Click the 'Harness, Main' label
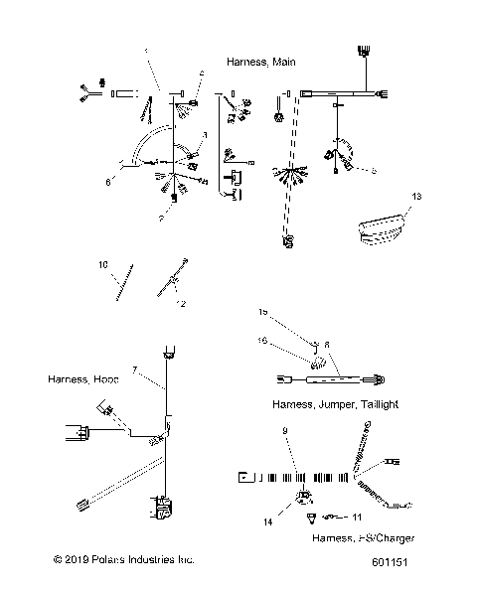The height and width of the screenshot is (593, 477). point(260,62)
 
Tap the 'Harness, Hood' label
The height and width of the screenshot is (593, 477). point(80,379)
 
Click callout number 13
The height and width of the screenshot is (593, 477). point(416,198)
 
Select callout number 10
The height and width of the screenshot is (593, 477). point(102,266)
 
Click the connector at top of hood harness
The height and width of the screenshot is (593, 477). point(166,352)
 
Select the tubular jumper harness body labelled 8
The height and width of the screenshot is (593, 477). point(328,378)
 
